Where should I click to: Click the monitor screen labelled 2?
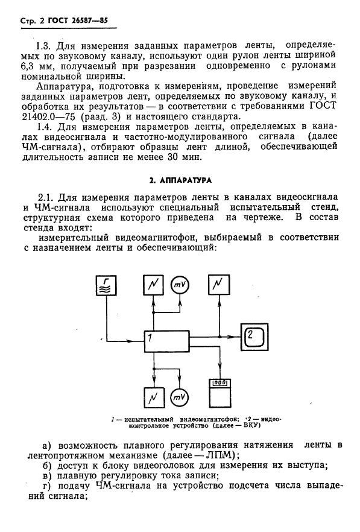(256, 335)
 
